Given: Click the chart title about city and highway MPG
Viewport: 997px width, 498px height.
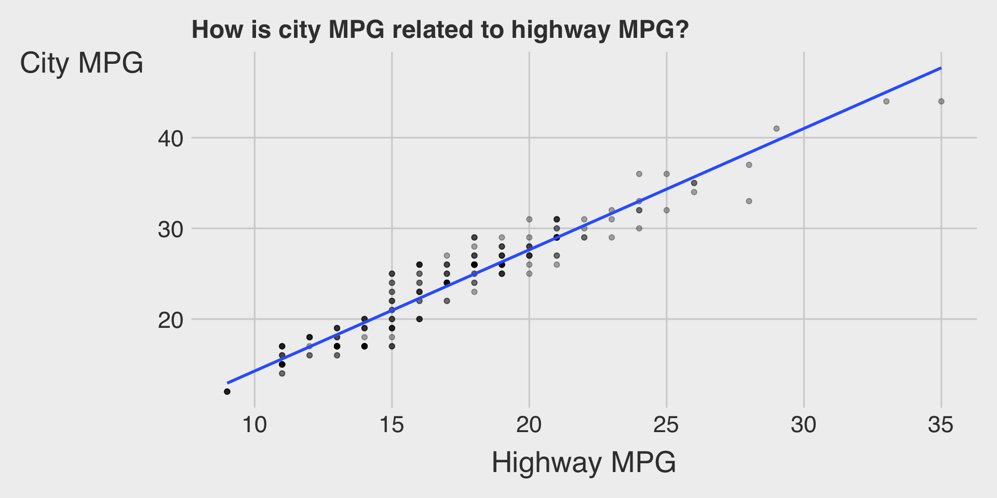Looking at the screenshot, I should point(440,30).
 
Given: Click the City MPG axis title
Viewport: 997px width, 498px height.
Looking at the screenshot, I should point(82,64).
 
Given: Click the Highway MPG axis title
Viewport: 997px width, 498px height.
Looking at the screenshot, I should point(584,462).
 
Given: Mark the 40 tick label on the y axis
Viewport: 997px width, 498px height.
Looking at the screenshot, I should point(171,139).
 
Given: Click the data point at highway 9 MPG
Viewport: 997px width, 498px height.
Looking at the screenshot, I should point(227,392).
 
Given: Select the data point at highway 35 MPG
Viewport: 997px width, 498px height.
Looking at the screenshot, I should point(941,101).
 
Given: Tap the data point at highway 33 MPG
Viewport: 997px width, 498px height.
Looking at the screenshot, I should point(886,101).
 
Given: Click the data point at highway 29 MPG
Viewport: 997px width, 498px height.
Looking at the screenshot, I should point(776,129).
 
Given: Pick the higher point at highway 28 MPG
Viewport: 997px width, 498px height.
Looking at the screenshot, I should point(749,165).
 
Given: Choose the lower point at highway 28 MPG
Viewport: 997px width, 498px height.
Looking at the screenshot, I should point(749,201).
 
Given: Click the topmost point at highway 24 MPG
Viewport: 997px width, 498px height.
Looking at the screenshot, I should point(639,174).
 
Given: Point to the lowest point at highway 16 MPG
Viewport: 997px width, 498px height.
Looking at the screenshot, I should point(420,319).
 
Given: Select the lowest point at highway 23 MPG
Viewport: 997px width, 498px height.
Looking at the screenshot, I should point(612,238).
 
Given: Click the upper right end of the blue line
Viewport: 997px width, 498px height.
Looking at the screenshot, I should point(940,68).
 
